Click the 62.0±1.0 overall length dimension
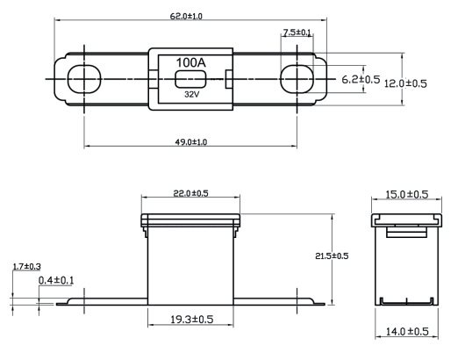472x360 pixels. (x=186, y=17)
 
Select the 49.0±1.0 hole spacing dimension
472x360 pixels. (x=191, y=142)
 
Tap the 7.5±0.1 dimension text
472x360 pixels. (x=297, y=32)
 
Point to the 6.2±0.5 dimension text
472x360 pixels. (x=361, y=79)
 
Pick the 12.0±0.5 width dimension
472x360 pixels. (x=405, y=83)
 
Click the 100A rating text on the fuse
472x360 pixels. (x=191, y=62)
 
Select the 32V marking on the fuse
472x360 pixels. (x=192, y=95)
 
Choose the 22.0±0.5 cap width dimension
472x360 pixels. (x=190, y=193)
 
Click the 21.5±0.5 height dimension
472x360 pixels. (x=332, y=256)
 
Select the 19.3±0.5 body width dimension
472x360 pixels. (x=192, y=320)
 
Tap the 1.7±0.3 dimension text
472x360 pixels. (x=27, y=267)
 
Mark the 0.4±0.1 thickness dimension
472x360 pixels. (x=56, y=280)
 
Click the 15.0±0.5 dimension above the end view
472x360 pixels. (x=407, y=195)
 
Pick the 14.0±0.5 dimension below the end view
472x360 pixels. (x=407, y=332)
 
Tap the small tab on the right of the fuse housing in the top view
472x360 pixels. (x=229, y=80)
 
